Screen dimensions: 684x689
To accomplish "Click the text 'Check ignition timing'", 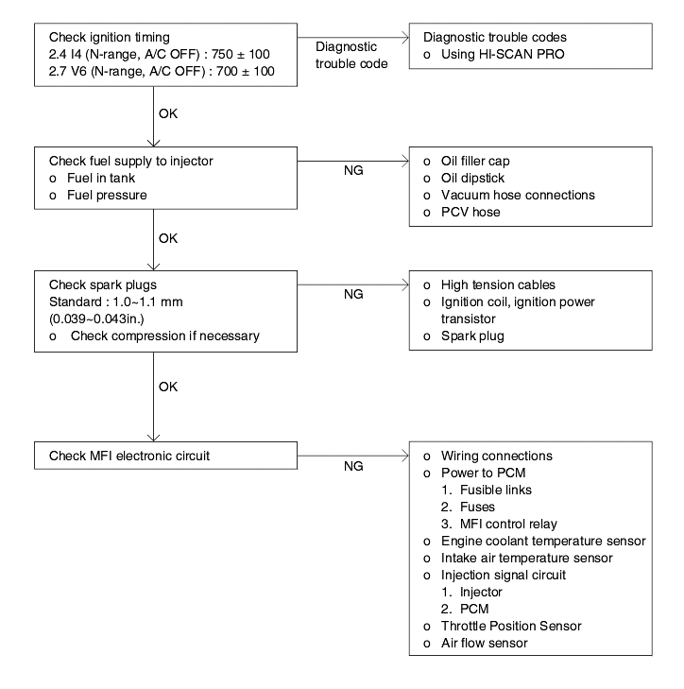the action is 110,38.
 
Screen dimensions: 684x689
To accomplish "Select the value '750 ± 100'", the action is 241,55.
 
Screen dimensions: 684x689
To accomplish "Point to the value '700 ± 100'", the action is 245,71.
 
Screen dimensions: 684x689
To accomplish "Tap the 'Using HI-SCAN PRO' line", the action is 503,55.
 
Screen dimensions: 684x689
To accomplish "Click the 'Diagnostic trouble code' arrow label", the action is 351,56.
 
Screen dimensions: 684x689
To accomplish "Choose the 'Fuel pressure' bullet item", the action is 107,196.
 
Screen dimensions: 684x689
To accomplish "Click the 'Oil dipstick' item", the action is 472,179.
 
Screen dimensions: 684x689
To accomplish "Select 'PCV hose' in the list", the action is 470,213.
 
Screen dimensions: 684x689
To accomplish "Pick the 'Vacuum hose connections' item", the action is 518,195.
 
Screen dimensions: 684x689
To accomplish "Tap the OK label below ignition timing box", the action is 168,113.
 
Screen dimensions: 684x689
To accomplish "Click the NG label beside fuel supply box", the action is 353,170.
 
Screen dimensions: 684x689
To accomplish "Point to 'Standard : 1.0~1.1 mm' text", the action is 116,302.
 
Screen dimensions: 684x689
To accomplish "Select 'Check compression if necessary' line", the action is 165,336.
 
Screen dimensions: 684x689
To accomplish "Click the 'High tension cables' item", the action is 498,285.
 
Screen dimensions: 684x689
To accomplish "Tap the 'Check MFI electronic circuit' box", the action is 165,456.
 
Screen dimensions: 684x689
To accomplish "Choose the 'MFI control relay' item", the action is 508,525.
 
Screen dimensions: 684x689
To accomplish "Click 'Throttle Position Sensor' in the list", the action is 511,627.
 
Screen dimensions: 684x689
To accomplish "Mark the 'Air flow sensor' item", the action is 484,644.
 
